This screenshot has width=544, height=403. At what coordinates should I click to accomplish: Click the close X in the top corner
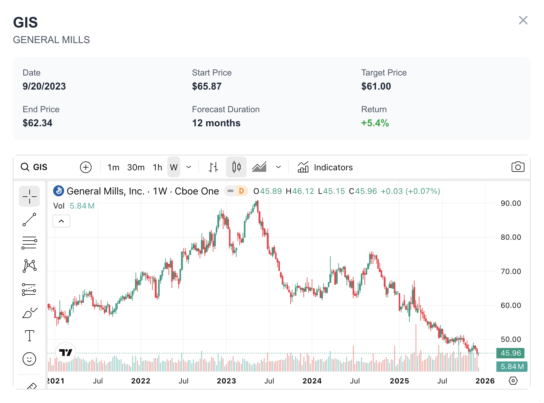pyautogui.click(x=523, y=20)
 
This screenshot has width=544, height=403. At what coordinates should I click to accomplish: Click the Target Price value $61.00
pyautogui.click(x=376, y=87)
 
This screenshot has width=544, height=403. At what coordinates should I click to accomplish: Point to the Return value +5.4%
pyautogui.click(x=375, y=123)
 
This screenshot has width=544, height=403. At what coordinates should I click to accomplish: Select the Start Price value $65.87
pyautogui.click(x=207, y=87)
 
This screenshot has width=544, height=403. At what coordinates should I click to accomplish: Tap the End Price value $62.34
pyautogui.click(x=38, y=123)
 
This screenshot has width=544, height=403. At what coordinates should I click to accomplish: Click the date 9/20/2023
pyautogui.click(x=44, y=87)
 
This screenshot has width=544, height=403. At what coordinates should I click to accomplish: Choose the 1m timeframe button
pyautogui.click(x=113, y=168)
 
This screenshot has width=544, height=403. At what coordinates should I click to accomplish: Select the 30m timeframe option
pyautogui.click(x=136, y=168)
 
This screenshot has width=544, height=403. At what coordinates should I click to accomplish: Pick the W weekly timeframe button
pyautogui.click(x=174, y=168)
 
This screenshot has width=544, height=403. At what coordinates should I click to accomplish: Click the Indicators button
pyautogui.click(x=325, y=168)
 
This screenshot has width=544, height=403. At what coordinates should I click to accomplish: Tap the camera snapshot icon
pyautogui.click(x=518, y=167)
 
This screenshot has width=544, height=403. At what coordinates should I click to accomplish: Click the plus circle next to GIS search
pyautogui.click(x=86, y=167)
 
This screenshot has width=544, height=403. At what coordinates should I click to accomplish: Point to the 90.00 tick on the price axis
pyautogui.click(x=511, y=203)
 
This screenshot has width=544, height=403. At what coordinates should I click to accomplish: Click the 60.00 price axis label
pyautogui.click(x=511, y=305)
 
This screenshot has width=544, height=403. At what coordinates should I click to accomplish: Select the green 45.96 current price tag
pyautogui.click(x=510, y=353)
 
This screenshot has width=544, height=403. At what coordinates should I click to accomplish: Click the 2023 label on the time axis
pyautogui.click(x=226, y=381)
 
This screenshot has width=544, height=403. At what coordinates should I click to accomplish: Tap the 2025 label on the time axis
pyautogui.click(x=399, y=381)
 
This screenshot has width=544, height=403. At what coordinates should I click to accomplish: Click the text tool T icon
pyautogui.click(x=30, y=336)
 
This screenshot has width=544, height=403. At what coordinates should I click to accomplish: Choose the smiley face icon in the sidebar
pyautogui.click(x=29, y=359)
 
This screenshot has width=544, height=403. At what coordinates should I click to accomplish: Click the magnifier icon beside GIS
pyautogui.click(x=25, y=167)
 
